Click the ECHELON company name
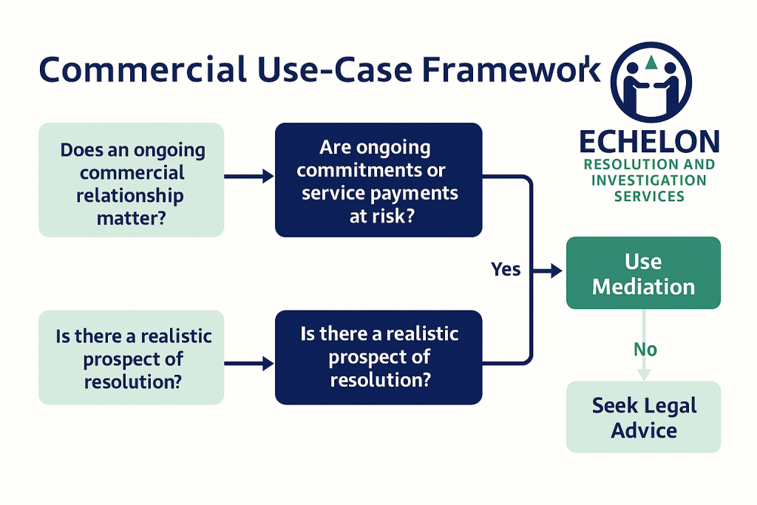point(649,142)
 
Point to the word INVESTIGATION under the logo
point(649,180)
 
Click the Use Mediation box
point(643,274)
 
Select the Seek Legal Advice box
point(643,417)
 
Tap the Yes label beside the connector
point(506,270)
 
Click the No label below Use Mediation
point(645,349)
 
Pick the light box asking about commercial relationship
point(132,180)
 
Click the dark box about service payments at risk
point(378,180)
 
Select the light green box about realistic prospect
point(132,358)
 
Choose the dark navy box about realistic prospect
point(378,358)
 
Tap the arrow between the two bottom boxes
point(249,363)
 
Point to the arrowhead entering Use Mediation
point(559,271)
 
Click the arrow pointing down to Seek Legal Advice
point(644,370)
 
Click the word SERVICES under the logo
point(649,196)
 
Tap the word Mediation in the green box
point(643,286)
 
